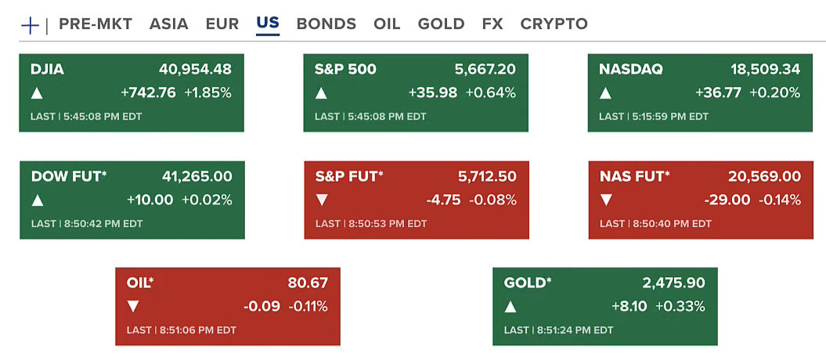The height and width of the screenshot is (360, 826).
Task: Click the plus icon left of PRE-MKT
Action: point(30,24)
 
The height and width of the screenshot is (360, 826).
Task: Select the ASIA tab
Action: point(169,23)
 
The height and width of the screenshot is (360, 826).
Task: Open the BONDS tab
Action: point(326,23)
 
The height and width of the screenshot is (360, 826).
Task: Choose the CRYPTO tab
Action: point(554,23)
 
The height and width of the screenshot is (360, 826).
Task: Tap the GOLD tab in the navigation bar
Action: point(441,23)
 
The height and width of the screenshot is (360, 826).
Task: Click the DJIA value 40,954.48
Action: point(195,69)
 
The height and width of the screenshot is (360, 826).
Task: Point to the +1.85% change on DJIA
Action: point(207,93)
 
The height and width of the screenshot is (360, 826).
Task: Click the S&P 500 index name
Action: point(345,69)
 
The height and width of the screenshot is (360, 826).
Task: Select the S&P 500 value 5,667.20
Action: point(485,69)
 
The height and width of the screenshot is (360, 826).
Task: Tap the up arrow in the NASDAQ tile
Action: point(605,93)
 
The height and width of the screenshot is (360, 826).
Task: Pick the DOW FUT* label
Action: point(69,176)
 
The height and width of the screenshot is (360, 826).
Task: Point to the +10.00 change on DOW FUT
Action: point(150,200)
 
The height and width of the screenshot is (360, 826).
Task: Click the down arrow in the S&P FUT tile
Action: point(321,200)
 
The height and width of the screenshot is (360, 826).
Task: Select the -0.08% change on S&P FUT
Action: point(492,200)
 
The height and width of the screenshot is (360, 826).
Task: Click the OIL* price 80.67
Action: point(308,283)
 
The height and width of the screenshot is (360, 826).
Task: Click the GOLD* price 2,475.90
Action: point(673,283)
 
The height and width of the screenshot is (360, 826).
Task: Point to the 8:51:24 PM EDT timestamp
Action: point(575,330)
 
